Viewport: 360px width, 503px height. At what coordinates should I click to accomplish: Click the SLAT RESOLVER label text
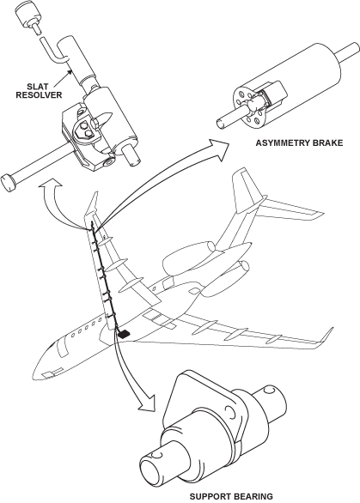tap(39, 91)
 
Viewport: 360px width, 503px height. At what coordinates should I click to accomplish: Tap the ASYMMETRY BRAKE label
tap(299, 142)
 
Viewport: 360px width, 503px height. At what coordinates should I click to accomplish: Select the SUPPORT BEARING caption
tap(231, 496)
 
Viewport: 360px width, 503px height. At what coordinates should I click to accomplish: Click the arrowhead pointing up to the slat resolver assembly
tap(50, 184)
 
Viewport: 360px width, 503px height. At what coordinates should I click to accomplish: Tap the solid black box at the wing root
tap(124, 335)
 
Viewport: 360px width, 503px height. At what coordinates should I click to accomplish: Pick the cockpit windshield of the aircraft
tap(54, 346)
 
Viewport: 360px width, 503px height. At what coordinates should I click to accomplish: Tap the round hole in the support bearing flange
tap(230, 410)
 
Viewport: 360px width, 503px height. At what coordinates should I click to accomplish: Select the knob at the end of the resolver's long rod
tap(9, 183)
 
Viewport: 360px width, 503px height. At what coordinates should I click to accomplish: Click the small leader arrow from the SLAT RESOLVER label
tap(63, 79)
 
